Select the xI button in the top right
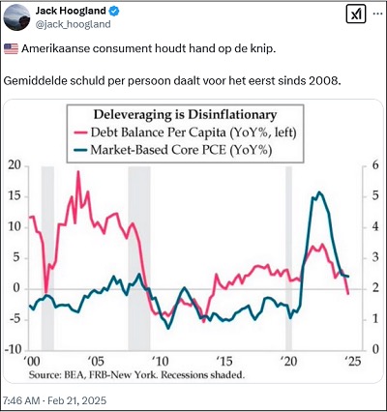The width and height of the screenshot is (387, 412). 354,15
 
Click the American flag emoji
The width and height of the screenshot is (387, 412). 11,48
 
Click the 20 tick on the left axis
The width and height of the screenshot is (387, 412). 14,165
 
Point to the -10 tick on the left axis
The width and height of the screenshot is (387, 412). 12,349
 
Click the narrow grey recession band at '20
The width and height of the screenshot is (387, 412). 287,256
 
